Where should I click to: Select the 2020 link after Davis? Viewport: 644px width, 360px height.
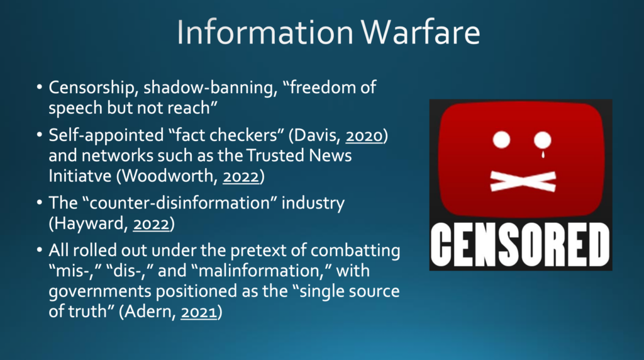pos(364,135)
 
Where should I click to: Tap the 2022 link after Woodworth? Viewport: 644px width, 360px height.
pos(241,176)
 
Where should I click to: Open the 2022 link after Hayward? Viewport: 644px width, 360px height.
pos(152,223)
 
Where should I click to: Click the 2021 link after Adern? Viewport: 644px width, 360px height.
pos(199,312)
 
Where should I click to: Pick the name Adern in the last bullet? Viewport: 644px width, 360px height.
pos(150,312)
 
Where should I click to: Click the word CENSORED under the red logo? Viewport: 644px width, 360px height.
pos(521,245)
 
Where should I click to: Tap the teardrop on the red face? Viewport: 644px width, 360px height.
pos(543,154)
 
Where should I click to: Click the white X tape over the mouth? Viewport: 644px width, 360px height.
pos(523,181)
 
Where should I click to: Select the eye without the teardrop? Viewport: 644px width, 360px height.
pos(501,140)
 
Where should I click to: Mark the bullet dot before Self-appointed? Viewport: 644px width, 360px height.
pos(40,135)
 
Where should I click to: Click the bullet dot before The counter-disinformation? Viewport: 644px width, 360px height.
pos(40,203)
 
